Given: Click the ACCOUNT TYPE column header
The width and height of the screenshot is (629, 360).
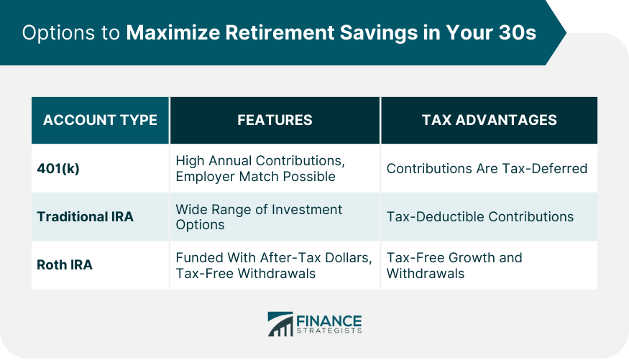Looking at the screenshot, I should pyautogui.click(x=100, y=120).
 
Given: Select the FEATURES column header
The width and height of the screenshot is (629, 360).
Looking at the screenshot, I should pyautogui.click(x=275, y=120).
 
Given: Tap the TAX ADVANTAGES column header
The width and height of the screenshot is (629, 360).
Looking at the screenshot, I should pyautogui.click(x=489, y=120).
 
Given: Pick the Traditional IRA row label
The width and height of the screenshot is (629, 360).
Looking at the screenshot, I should pyautogui.click(x=85, y=216).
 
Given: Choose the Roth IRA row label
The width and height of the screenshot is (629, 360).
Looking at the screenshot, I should pyautogui.click(x=65, y=265).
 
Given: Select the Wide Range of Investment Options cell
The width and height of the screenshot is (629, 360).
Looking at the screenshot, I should pyautogui.click(x=259, y=217).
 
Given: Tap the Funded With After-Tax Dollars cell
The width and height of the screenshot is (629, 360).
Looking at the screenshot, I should pyautogui.click(x=273, y=265).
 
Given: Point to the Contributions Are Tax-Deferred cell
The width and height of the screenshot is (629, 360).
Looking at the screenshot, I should pyautogui.click(x=487, y=169).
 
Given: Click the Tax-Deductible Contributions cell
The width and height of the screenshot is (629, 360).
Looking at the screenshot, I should pyautogui.click(x=479, y=216).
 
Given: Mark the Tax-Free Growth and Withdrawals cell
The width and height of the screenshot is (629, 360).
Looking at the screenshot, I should pyautogui.click(x=454, y=265).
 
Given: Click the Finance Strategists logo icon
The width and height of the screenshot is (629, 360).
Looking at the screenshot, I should pyautogui.click(x=280, y=324).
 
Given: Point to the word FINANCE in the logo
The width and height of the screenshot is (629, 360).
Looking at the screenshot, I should pyautogui.click(x=329, y=320).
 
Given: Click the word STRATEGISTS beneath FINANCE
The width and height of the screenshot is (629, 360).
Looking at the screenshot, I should pyautogui.click(x=329, y=331).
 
